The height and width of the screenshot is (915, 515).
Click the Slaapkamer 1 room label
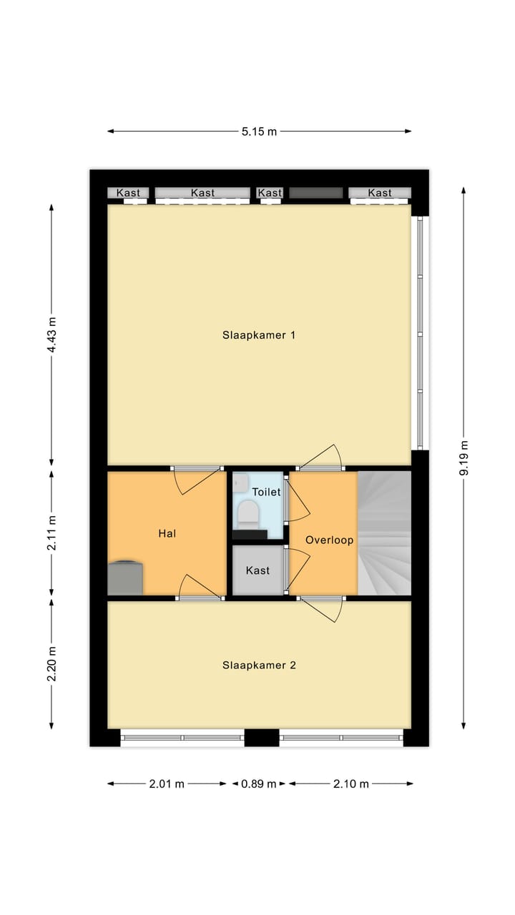(x=259, y=335)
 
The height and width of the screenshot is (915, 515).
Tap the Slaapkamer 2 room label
(x=259, y=665)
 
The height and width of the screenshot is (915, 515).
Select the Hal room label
(x=167, y=533)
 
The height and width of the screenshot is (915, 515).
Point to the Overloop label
(x=329, y=540)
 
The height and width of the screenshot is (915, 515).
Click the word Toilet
(x=266, y=492)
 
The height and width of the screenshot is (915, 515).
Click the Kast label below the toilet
(x=257, y=570)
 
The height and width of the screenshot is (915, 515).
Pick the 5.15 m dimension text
(x=259, y=131)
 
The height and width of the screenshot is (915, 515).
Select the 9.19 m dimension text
(x=463, y=457)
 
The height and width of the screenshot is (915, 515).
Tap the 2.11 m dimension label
(x=51, y=533)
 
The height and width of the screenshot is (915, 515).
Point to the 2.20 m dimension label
(x=51, y=665)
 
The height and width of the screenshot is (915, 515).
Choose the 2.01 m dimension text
(x=167, y=783)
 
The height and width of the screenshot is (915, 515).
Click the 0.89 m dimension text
(x=258, y=783)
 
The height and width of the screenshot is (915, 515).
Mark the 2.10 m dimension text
(x=350, y=783)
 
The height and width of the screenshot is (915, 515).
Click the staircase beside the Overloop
(x=384, y=533)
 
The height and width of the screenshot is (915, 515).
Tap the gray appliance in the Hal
(x=125, y=578)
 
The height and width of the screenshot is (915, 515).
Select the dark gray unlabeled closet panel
(x=315, y=192)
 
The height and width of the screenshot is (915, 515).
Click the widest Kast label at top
(x=202, y=192)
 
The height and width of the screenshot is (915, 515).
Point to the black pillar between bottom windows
(x=261, y=738)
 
